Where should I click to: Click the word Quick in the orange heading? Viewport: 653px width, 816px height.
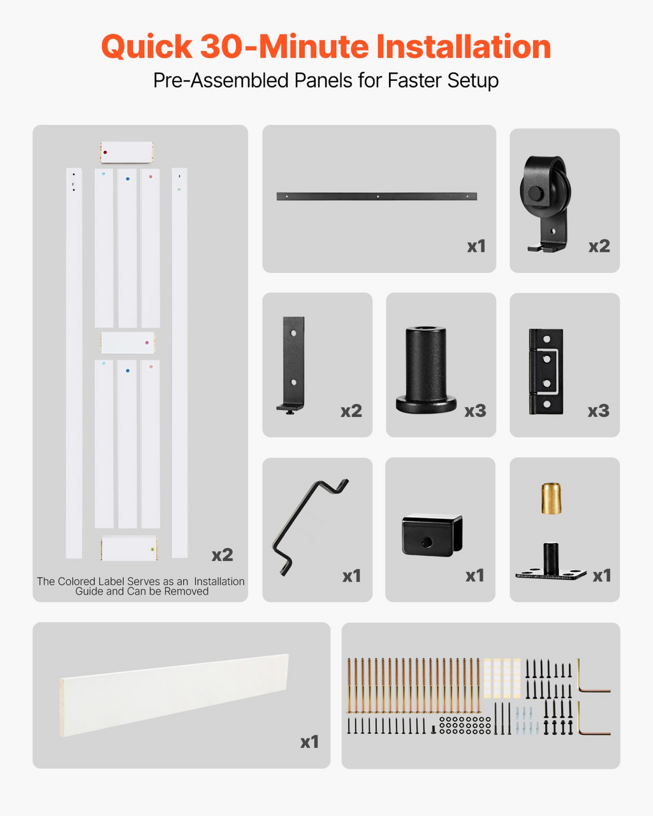[x=147, y=47]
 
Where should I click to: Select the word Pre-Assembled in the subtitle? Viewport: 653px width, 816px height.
[x=221, y=80]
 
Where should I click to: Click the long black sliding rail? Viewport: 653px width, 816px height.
[x=377, y=196]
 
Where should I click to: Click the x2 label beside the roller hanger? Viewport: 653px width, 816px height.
[x=599, y=246]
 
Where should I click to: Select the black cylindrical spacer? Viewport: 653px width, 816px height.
[x=426, y=370]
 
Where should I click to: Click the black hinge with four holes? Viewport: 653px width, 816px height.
[x=546, y=372]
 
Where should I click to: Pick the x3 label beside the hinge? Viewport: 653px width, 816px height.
[x=598, y=411]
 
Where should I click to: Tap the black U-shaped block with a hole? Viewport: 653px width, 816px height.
[x=432, y=535]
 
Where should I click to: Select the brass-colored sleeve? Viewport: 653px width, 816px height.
[x=551, y=499]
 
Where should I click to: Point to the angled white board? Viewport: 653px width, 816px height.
[x=174, y=695]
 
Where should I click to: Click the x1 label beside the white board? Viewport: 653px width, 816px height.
[x=309, y=742]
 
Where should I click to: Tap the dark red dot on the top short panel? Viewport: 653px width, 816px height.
[x=105, y=152]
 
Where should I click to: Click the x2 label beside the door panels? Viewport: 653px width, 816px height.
[x=222, y=555]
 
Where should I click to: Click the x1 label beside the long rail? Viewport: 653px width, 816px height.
[x=476, y=246]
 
